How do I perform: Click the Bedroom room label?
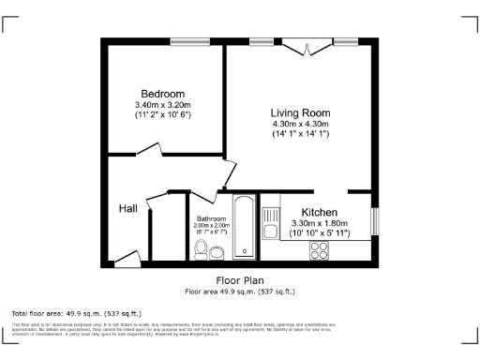(162, 94)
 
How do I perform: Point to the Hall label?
(128, 208)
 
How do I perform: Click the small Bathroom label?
(211, 217)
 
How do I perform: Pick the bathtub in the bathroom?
(243, 227)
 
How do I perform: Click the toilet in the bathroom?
(201, 248)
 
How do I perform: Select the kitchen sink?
(270, 231)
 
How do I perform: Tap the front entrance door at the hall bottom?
(124, 258)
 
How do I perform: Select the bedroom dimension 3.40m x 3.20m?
(162, 106)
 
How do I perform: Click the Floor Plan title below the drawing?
(240, 280)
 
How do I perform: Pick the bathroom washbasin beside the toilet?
(217, 251)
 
